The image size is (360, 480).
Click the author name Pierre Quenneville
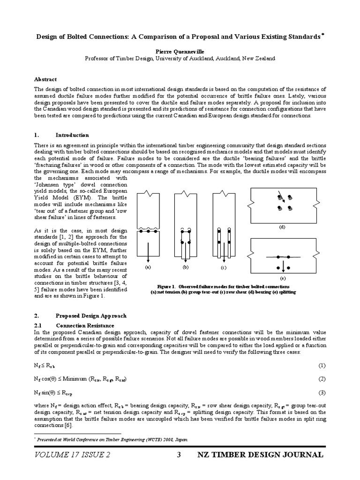(x=180, y=52)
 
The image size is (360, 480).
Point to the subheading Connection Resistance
(x=84, y=325)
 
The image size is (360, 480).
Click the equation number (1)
(x=322, y=365)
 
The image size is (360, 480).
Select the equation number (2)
(x=322, y=379)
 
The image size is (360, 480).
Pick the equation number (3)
(x=322, y=392)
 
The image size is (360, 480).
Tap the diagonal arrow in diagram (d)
(x=280, y=194)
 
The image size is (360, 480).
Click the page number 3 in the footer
(x=179, y=455)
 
